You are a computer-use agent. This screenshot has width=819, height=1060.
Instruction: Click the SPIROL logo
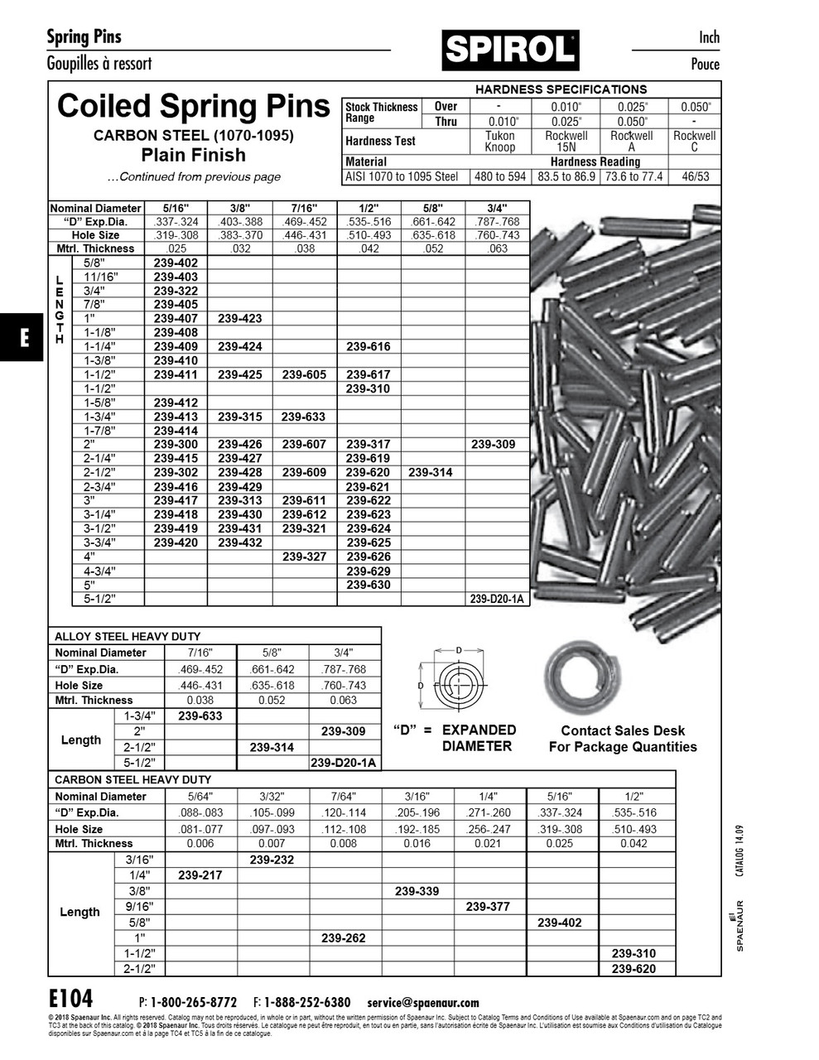[510, 51]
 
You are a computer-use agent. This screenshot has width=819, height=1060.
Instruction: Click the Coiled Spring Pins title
[193, 107]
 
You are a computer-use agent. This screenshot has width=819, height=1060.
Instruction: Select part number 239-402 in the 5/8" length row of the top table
[176, 263]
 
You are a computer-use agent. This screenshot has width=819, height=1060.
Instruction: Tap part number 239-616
[368, 347]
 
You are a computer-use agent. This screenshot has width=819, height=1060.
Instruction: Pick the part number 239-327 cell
[304, 556]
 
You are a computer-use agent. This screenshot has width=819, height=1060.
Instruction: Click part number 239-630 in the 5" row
[368, 585]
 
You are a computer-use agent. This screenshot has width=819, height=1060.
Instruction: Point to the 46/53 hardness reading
[694, 176]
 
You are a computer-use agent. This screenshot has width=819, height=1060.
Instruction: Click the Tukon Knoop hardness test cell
[499, 142]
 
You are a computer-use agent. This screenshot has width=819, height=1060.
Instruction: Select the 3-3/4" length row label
[99, 542]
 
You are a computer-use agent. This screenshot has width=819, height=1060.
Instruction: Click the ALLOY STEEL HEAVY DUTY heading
[128, 636]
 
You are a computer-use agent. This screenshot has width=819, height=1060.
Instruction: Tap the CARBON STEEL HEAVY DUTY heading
[132, 779]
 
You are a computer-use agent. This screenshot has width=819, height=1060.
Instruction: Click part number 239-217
[200, 874]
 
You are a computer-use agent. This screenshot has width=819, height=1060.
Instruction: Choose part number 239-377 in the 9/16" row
[488, 906]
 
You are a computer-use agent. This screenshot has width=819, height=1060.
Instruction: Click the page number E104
[70, 998]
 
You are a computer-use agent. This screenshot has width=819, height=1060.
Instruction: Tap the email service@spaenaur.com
[422, 1002]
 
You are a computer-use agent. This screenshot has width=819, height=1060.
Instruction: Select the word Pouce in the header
[705, 65]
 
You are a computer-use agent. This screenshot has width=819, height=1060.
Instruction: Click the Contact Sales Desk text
[623, 730]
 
